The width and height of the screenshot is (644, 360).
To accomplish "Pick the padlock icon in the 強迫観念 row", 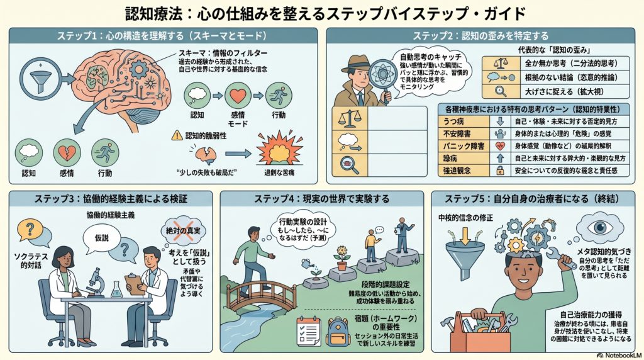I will coord(500,171).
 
